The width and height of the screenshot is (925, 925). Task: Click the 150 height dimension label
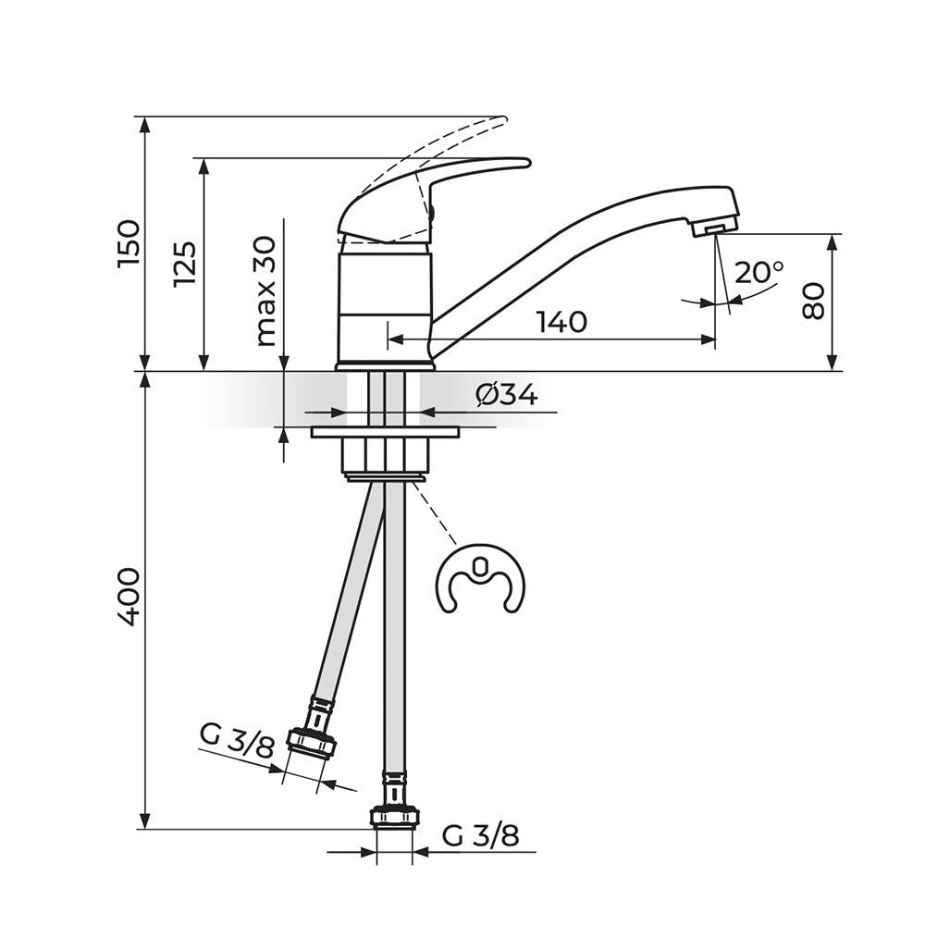[x=129, y=242]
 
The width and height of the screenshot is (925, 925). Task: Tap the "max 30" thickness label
[x=265, y=291]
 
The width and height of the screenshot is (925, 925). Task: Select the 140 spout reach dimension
[x=561, y=322]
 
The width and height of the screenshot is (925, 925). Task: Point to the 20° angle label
[x=759, y=272]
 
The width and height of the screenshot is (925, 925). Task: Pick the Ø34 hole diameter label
[x=507, y=394]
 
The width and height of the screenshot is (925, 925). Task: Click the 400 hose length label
[x=129, y=597]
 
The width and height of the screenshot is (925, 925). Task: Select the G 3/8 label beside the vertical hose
[x=481, y=835]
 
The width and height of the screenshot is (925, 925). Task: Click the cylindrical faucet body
[x=385, y=307]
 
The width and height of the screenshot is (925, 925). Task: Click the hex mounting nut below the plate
[x=385, y=455]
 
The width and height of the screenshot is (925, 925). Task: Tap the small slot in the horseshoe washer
[x=480, y=568]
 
